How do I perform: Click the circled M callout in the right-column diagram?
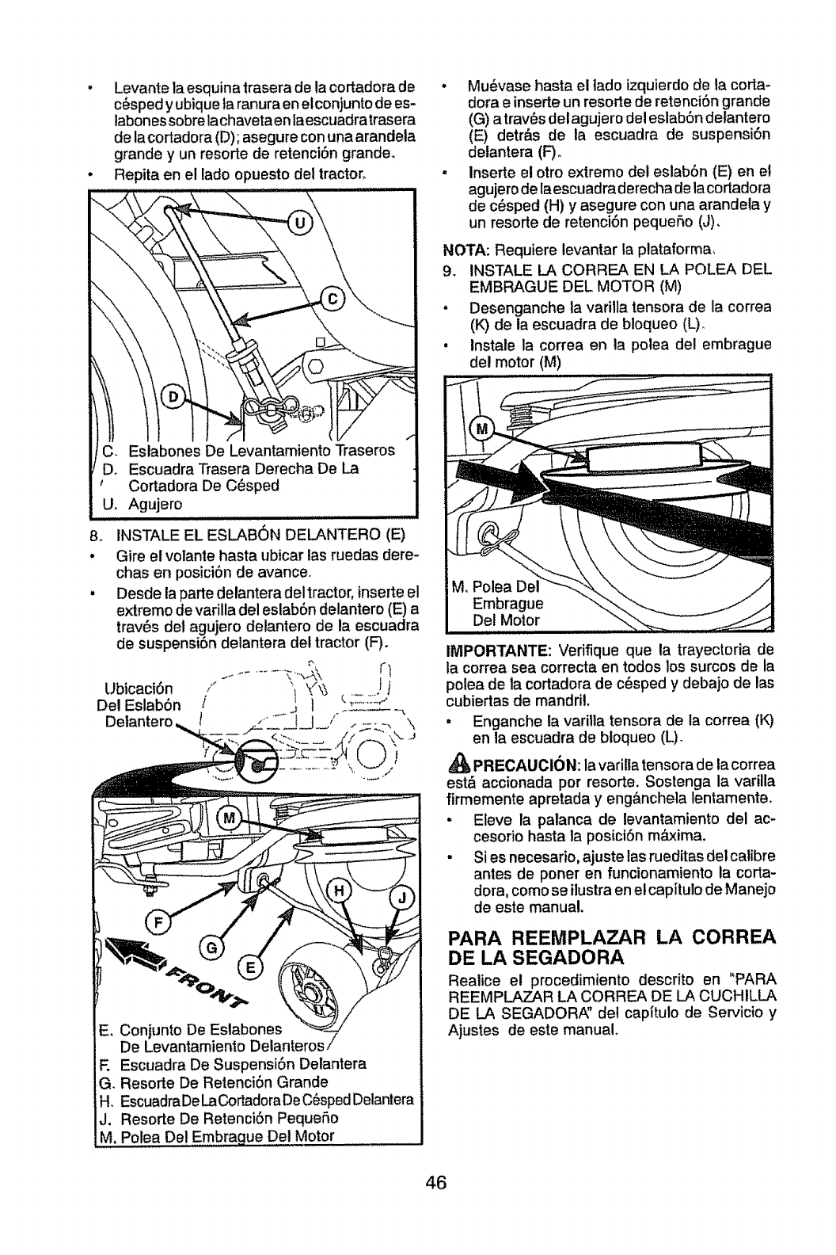click(482, 431)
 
